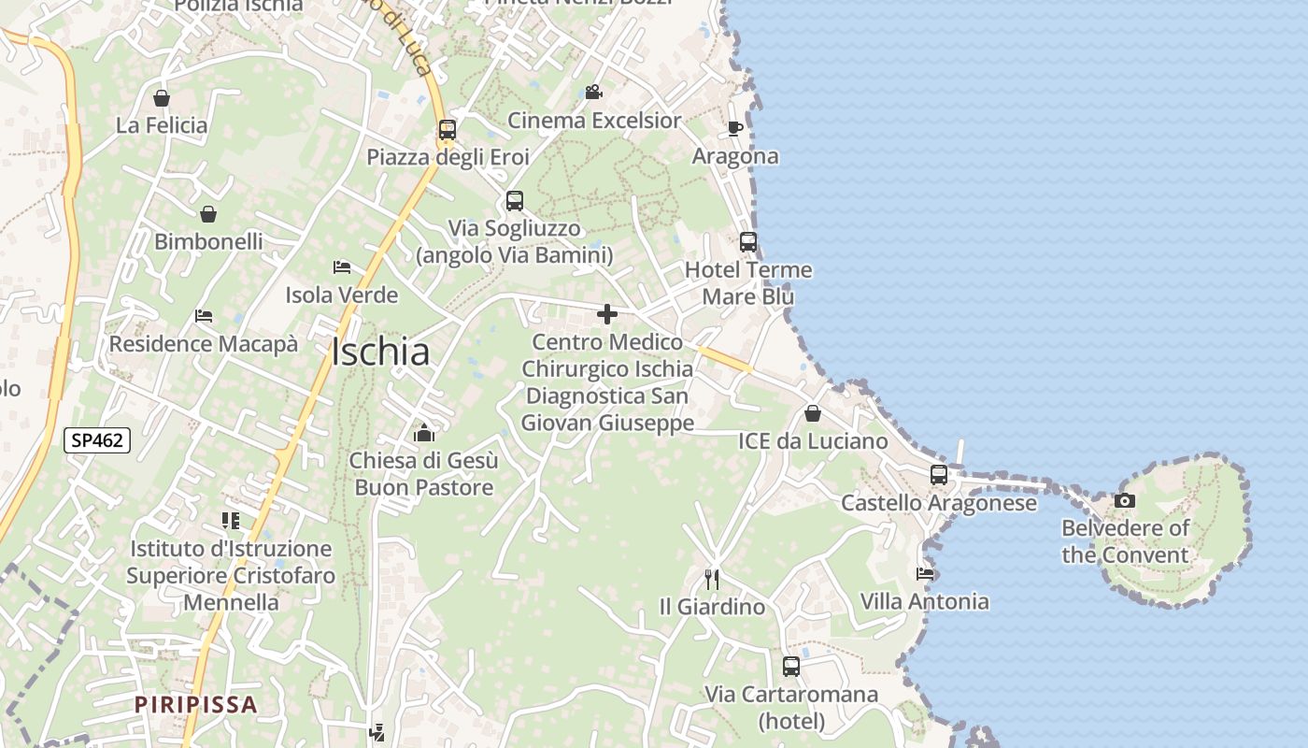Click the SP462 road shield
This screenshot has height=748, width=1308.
[x=97, y=439]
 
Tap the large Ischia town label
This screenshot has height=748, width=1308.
[x=380, y=352]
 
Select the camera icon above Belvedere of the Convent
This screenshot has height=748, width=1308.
[x=1125, y=500]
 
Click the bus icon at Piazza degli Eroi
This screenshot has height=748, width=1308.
[x=448, y=130]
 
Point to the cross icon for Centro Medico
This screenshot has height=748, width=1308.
[x=607, y=314]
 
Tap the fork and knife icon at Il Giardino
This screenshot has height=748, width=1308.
[x=712, y=579]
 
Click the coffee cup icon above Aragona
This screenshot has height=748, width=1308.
[x=735, y=128]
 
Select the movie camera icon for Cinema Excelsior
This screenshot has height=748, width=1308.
[x=593, y=92]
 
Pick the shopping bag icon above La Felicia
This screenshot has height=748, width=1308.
[x=162, y=97]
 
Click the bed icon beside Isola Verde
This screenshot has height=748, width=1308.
[x=342, y=267]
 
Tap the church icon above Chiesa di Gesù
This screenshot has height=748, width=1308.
[x=424, y=432]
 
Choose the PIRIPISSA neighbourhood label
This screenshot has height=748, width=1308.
[x=195, y=704]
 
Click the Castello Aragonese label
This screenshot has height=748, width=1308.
[x=939, y=503]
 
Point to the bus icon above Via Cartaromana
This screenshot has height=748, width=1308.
[x=791, y=667]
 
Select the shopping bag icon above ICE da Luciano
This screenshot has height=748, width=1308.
[x=813, y=413]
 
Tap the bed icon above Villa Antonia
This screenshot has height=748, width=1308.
[x=925, y=573]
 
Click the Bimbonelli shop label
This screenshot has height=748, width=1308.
[x=208, y=241]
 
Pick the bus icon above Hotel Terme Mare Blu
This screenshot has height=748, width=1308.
[x=748, y=242]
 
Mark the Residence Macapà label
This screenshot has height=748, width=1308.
[x=204, y=344]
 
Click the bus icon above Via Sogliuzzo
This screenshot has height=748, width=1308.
[x=515, y=200]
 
